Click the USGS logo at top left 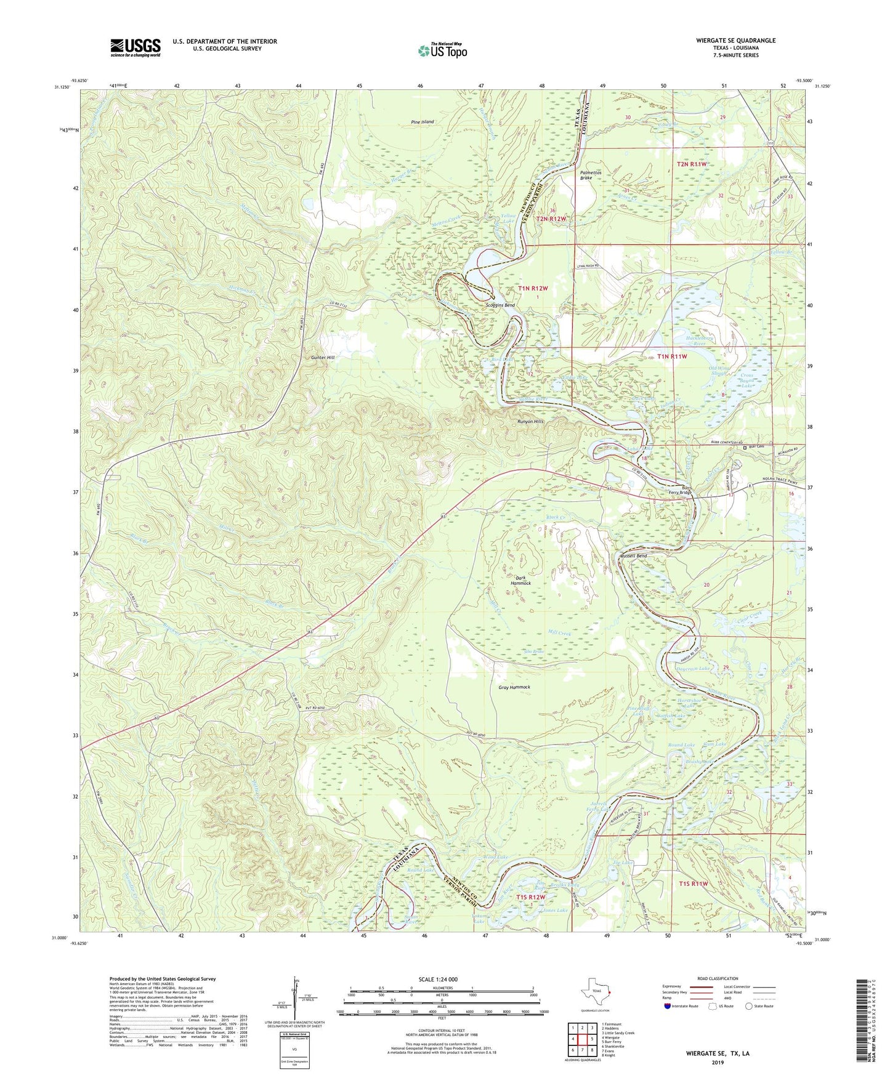136,47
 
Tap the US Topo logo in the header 442,50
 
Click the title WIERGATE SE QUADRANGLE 735,41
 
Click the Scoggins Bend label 500,305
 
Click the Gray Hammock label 514,687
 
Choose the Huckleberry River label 691,340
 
